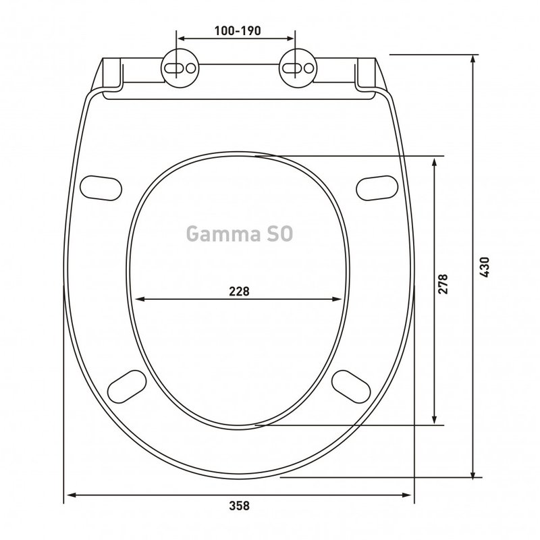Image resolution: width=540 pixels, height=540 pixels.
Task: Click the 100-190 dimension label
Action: [238, 31]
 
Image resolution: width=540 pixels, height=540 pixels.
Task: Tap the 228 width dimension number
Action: [239, 292]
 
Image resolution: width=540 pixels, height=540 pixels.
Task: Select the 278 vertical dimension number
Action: [443, 283]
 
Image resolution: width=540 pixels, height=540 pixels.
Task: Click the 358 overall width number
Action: [239, 506]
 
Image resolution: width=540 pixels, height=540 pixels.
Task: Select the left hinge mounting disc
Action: [180, 68]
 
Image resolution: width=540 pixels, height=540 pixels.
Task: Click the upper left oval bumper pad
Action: [101, 188]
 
